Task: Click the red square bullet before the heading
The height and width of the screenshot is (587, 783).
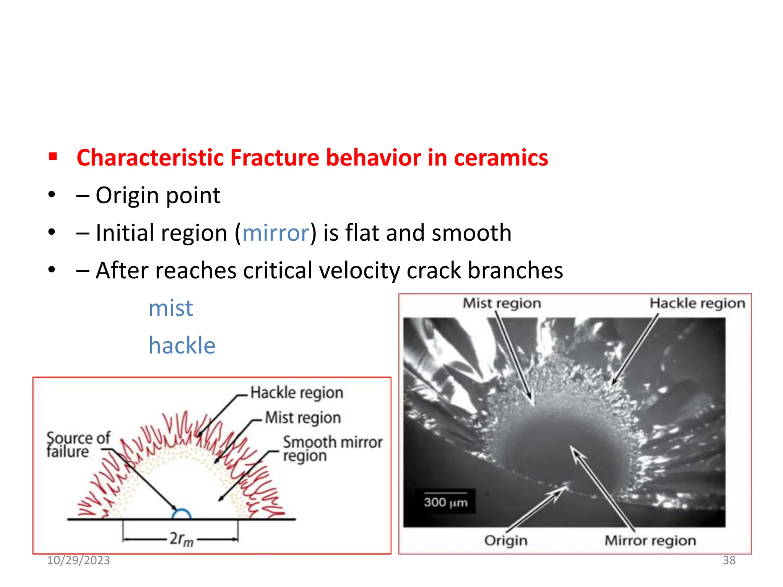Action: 53,157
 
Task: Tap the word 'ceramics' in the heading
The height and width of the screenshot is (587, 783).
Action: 500,157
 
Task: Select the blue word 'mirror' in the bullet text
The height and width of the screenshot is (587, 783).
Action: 276,233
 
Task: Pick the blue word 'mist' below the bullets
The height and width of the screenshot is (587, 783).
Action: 171,308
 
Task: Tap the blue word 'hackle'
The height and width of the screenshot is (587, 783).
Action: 182,345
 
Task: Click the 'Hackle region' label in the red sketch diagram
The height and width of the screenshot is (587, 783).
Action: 297,392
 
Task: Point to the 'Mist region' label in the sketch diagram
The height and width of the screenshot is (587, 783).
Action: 303,417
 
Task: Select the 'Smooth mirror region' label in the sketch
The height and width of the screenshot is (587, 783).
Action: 332,449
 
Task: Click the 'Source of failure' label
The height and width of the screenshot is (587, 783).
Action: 78,444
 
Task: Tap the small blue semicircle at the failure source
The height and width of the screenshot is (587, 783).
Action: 181,514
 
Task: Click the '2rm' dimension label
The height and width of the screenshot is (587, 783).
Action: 181,539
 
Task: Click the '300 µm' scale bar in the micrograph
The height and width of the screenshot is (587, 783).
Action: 445,501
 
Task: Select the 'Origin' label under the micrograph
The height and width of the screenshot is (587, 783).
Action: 505,540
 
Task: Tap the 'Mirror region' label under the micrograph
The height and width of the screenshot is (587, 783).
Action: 650,540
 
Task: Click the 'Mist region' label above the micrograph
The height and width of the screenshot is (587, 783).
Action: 502,303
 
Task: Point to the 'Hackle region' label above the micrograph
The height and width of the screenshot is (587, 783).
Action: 697,303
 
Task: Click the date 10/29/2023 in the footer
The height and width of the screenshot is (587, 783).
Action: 78,560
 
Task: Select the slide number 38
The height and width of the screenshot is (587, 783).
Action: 729,560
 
